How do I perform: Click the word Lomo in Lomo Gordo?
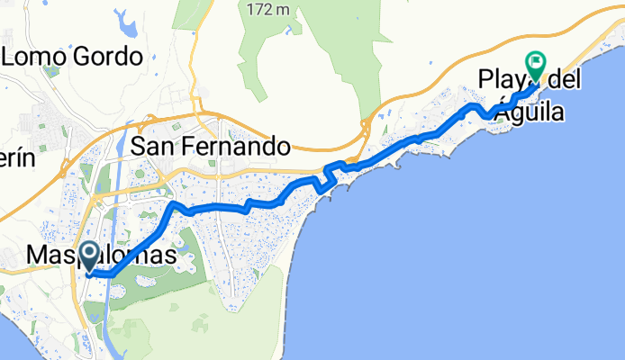click(37, 58)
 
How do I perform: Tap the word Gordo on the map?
click(107, 58)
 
